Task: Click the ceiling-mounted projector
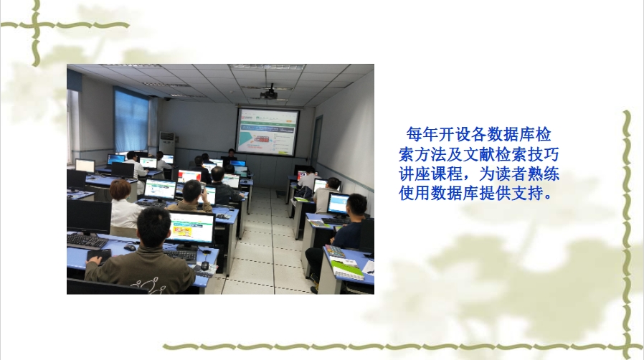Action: click(x=269, y=94)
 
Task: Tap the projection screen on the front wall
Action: click(x=267, y=131)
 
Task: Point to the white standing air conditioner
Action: click(x=168, y=143)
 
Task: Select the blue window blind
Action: click(x=131, y=120)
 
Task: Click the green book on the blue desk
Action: click(x=348, y=270)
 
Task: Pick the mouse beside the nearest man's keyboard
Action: click(x=205, y=265)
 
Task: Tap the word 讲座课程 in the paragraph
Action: click(x=431, y=174)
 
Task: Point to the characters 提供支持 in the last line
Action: click(x=511, y=193)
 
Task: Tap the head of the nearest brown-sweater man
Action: click(x=153, y=227)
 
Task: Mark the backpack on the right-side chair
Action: click(x=303, y=192)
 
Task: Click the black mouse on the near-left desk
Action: click(x=130, y=247)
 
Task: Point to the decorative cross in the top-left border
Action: click(x=36, y=25)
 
